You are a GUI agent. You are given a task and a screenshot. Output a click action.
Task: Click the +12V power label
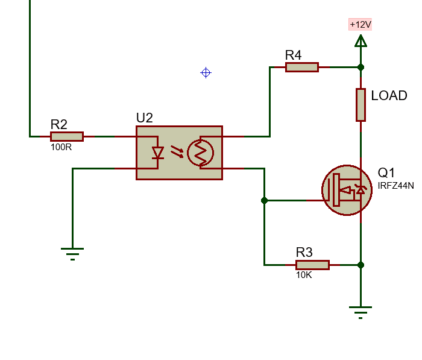361,25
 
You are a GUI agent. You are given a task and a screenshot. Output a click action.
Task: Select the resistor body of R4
301,67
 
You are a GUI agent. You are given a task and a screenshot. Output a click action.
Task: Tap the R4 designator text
293,55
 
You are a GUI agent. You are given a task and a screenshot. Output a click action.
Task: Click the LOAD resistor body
361,104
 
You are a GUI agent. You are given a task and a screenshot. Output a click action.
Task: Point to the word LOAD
389,96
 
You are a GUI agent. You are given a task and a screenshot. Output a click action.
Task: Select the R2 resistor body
66,136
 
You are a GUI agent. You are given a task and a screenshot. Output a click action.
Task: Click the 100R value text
61,147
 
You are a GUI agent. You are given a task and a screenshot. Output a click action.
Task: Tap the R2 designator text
58,124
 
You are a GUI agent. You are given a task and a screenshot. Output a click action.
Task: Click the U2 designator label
145,118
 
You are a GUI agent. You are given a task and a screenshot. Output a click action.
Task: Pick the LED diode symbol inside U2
158,153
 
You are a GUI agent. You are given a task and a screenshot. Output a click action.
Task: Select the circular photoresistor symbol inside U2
200,153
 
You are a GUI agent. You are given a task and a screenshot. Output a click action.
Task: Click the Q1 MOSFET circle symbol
345,190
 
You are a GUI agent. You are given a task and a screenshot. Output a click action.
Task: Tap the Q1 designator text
386,172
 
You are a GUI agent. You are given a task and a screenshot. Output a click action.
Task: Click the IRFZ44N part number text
395,185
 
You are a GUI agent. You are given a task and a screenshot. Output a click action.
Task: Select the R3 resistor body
312,265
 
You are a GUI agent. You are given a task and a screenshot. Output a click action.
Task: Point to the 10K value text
304,274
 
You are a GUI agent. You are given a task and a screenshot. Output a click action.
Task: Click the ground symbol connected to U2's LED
72,252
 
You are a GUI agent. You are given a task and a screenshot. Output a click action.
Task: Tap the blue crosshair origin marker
206,73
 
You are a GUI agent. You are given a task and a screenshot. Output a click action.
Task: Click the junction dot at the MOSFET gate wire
264,200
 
